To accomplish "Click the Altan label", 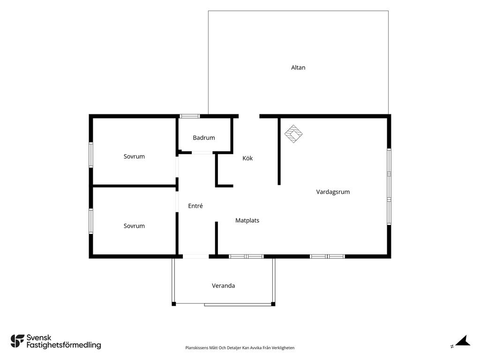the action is click(298, 67).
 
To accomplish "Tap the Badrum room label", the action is click(204, 138).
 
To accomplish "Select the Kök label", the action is click(247, 158).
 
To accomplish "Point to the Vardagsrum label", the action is click(333, 192).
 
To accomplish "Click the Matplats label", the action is click(247, 220).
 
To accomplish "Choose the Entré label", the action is click(195, 206).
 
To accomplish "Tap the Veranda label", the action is click(224, 285).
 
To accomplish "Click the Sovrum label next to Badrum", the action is click(134, 157).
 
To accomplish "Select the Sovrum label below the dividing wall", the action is click(134, 226).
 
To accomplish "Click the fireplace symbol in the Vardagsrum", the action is click(293, 134).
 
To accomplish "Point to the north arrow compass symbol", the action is click(462, 341).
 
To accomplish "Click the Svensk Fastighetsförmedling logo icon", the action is click(17, 341).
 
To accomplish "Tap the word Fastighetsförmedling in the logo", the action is click(64, 345).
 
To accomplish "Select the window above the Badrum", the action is click(189, 116).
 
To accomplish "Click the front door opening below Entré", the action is click(196, 256).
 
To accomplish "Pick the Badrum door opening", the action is click(202, 152).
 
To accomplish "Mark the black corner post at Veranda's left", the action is click(173, 304).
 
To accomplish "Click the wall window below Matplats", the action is click(247, 256).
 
